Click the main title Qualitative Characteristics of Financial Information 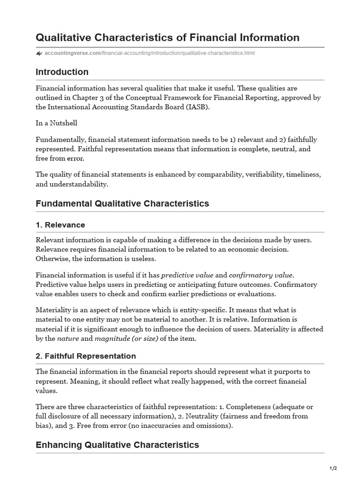tap(167, 37)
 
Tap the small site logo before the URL tap(39, 53)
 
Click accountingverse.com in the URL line tap(73, 53)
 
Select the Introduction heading tap(62, 72)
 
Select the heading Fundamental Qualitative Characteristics tap(122, 203)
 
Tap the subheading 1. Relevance tap(60, 225)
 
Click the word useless tap(143, 259)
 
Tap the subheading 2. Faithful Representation tap(86, 356)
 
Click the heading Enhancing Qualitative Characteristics tap(117, 445)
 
